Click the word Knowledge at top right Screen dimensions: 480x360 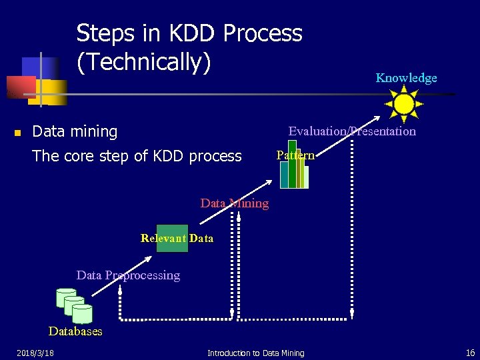406,78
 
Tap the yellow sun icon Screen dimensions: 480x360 403,105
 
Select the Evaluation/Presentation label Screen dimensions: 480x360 351,131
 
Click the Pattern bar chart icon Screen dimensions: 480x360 294,170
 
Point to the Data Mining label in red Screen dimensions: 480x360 234,203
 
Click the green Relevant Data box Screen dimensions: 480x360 172,238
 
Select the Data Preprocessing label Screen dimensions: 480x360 128,275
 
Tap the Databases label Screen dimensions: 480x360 75,331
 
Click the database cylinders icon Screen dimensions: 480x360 74,306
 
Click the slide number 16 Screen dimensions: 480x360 470,353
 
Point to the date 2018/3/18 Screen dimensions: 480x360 35,353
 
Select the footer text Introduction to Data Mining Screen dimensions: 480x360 255,353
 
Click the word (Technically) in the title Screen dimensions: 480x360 143,62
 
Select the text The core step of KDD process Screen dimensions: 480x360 137,156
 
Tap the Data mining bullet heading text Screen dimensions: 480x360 75,132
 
